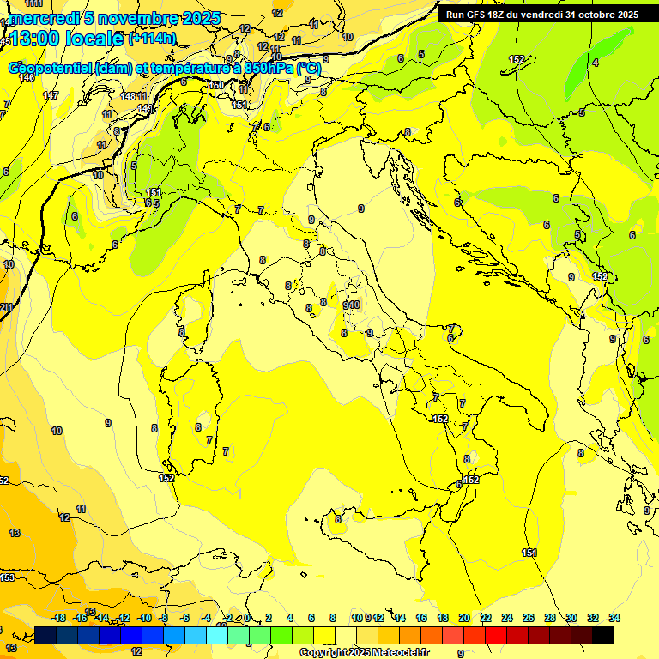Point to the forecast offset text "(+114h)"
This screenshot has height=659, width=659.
pos(152,38)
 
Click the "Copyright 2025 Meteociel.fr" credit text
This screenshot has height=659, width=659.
pos(364,653)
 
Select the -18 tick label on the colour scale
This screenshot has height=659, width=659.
pos(58,618)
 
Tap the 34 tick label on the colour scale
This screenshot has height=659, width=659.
pos(614,618)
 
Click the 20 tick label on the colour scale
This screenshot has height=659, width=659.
pos(464,618)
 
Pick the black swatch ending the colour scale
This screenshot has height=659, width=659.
pos(603,635)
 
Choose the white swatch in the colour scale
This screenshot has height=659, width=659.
pos(346,635)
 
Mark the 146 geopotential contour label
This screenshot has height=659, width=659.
pos(27,78)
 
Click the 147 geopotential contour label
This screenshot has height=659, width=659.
pos(51,95)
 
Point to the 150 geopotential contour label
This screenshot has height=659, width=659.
pos(217,85)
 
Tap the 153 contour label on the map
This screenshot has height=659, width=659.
pos(7,577)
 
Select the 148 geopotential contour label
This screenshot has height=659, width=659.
pos(129,96)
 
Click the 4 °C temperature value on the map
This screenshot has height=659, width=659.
pos(595,63)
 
